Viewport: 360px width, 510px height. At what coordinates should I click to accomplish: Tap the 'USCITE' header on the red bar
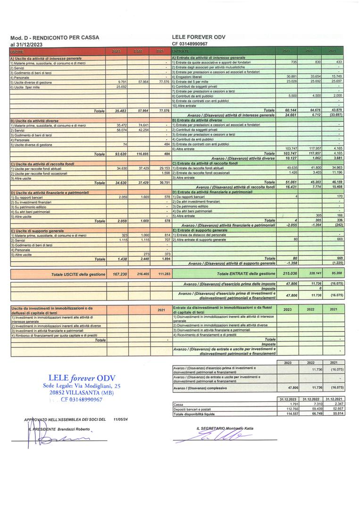(x=17, y=51)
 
